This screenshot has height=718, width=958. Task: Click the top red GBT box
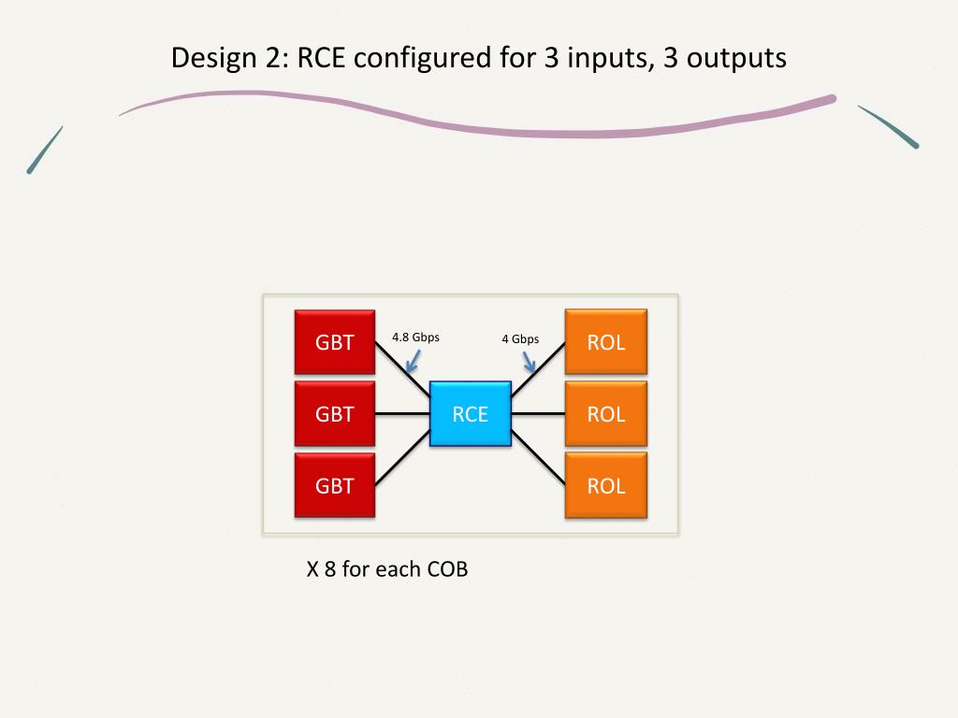(335, 342)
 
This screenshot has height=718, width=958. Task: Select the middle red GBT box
(335, 414)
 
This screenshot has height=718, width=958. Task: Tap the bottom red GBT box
(335, 485)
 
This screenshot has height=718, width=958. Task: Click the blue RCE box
(471, 414)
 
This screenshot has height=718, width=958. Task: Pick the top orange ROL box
(605, 342)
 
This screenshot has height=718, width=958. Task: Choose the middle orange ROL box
(605, 414)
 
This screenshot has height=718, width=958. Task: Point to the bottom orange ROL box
(605, 485)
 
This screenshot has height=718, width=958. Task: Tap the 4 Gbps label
(520, 339)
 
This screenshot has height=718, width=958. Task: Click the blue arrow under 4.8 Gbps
(411, 362)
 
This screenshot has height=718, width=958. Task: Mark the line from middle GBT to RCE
(402, 413)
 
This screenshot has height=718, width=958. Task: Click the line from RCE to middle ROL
(538, 413)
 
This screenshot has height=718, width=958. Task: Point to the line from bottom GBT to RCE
(402, 460)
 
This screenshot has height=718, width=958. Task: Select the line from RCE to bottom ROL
(538, 460)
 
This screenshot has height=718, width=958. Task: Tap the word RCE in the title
(323, 58)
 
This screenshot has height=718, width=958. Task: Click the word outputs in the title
(733, 58)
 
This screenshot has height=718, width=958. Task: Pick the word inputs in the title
(604, 58)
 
